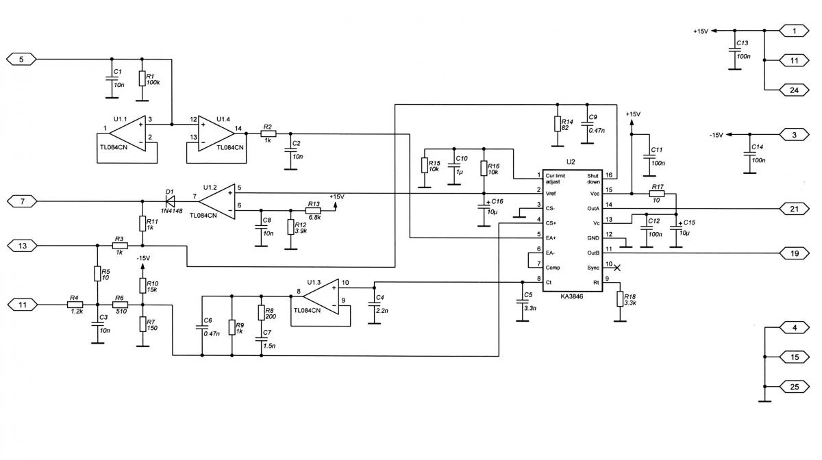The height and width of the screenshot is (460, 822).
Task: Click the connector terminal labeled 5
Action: pyautogui.click(x=21, y=60)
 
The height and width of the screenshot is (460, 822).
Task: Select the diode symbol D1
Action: pyautogui.click(x=169, y=201)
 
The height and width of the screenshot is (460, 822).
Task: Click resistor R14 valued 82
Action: pyautogui.click(x=557, y=124)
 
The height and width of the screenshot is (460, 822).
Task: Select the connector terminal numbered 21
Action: pyautogui.click(x=794, y=209)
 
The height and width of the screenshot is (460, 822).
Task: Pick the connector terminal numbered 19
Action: pyautogui.click(x=794, y=253)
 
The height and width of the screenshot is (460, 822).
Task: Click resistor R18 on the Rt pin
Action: pyautogui.click(x=620, y=298)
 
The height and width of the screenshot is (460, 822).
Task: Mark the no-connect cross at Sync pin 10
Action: pyautogui.click(x=616, y=267)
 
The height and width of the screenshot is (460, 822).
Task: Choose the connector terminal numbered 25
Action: pyautogui.click(x=794, y=387)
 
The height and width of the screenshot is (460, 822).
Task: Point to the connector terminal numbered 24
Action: pyautogui.click(x=794, y=90)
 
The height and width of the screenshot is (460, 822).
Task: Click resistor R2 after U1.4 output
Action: pyautogui.click(x=268, y=134)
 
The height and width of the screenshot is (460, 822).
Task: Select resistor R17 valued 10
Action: pyautogui.click(x=657, y=194)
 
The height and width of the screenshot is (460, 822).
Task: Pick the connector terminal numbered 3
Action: pyautogui.click(x=794, y=135)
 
